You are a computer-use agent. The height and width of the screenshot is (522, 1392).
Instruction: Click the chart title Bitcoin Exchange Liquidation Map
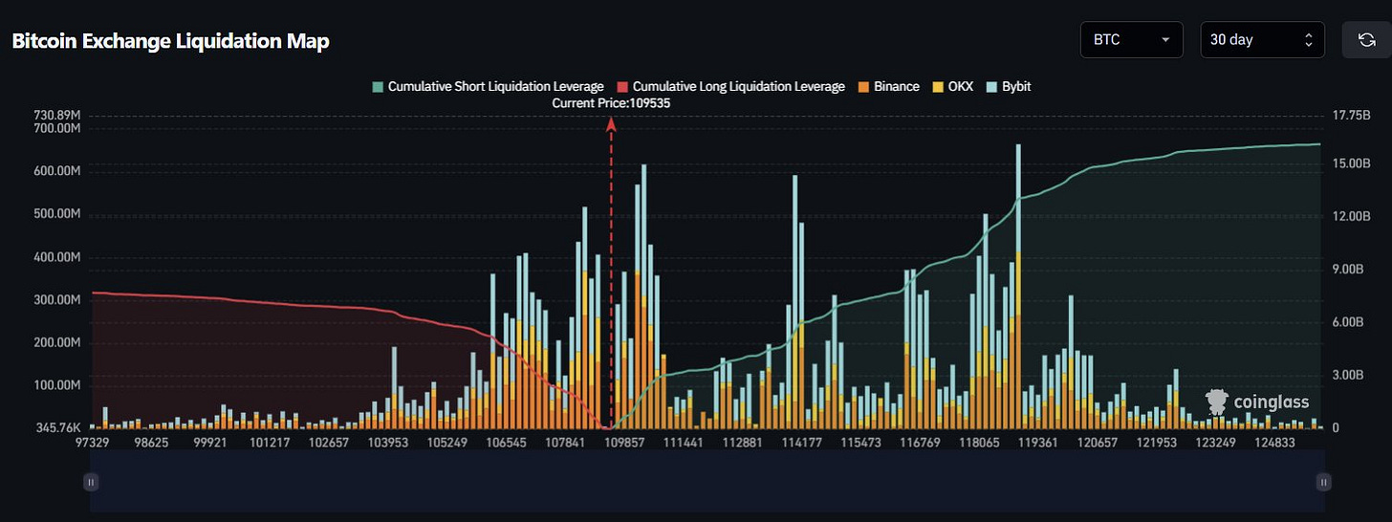170,42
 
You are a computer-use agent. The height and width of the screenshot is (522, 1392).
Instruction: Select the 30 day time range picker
1262,40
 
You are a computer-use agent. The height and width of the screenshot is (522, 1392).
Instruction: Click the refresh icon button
1365,40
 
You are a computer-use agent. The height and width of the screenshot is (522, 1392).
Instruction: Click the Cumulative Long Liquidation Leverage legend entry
731,86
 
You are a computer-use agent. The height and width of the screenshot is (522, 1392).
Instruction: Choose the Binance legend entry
888,86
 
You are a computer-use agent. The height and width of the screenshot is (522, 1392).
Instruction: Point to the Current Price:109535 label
611,102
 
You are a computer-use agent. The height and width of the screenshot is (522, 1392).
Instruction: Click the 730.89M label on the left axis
56,115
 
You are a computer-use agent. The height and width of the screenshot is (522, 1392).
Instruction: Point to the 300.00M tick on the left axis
56,299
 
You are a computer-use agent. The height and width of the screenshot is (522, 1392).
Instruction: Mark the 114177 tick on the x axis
801,444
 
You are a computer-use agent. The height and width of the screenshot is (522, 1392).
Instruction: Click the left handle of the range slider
91,483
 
